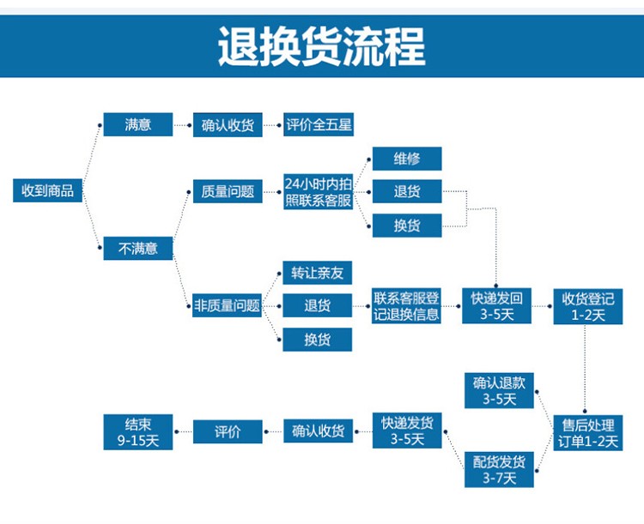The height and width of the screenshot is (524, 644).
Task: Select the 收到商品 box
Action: (49, 190)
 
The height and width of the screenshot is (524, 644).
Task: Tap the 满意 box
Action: (137, 124)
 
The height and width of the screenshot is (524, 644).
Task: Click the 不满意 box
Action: (137, 249)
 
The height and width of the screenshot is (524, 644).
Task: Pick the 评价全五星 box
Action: (319, 124)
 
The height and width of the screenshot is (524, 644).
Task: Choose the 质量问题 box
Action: (228, 191)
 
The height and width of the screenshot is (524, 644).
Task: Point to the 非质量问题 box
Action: (228, 305)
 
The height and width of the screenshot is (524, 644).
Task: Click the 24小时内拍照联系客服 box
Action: (319, 192)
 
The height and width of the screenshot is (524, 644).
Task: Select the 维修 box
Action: (406, 158)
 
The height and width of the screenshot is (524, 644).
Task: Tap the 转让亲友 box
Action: (317, 274)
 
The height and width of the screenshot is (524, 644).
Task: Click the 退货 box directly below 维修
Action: (406, 191)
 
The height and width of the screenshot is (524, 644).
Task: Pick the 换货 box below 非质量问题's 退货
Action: (317, 339)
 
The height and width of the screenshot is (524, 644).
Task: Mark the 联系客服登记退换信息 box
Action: (406, 306)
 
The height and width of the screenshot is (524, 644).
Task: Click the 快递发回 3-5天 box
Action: (496, 306)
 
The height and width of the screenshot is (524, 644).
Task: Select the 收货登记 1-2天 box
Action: (588, 306)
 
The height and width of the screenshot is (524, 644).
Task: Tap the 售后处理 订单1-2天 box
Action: (588, 433)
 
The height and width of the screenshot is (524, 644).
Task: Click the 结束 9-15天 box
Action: (137, 432)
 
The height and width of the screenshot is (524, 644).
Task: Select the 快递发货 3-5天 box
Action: (407, 431)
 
